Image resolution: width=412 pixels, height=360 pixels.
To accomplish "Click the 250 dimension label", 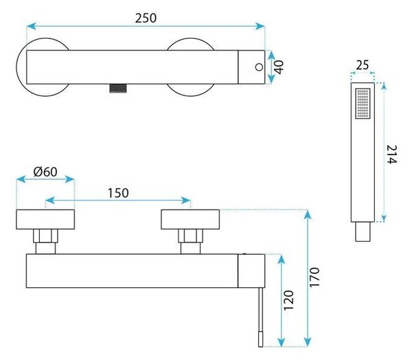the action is (x=146, y=18).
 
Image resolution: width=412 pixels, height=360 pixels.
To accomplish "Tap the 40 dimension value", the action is (x=279, y=67).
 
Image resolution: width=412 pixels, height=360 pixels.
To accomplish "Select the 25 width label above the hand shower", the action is (x=363, y=65).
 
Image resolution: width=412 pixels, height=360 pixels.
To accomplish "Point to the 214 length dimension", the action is (x=391, y=155).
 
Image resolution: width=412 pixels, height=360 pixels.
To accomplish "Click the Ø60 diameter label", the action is (x=45, y=172).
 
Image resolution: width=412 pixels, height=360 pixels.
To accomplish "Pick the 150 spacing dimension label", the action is (x=118, y=193).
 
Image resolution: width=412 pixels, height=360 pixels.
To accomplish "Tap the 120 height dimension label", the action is (x=288, y=300).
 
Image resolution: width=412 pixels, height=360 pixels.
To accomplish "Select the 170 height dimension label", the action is (x=314, y=278).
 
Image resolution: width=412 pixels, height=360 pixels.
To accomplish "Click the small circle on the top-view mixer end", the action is (x=259, y=67).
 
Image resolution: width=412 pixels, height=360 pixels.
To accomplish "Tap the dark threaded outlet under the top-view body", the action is (x=118, y=88).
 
